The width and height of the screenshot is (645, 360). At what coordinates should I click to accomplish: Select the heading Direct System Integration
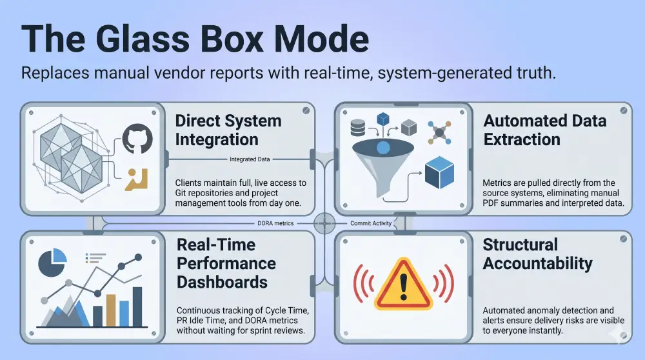click(228, 130)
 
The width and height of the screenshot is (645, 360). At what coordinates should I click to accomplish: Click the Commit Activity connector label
click(370, 223)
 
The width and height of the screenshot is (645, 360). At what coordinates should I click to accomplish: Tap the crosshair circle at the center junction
click(322, 223)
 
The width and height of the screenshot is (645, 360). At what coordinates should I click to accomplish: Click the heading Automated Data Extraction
click(545, 130)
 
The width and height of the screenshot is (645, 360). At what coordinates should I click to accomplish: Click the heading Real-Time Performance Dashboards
click(226, 263)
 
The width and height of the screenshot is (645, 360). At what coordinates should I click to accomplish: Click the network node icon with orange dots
click(439, 132)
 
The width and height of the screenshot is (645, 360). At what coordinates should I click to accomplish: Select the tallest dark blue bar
click(137, 306)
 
